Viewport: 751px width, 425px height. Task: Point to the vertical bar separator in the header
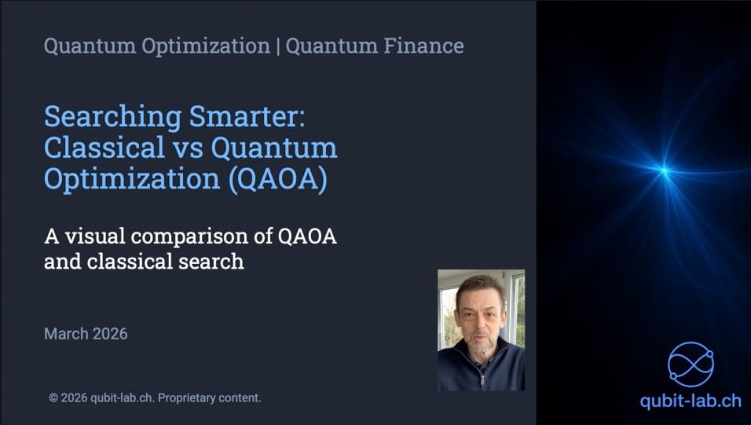coord(277,46)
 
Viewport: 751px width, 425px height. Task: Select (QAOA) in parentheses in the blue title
coord(277,178)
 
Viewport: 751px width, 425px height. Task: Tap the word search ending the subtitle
coord(213,261)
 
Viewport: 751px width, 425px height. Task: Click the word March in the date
coord(66,334)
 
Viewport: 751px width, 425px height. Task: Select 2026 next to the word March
coord(109,334)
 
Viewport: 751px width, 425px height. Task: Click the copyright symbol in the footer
coord(53,398)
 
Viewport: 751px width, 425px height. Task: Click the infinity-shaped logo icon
coord(691,363)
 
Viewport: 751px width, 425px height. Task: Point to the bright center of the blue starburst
coord(665,169)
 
